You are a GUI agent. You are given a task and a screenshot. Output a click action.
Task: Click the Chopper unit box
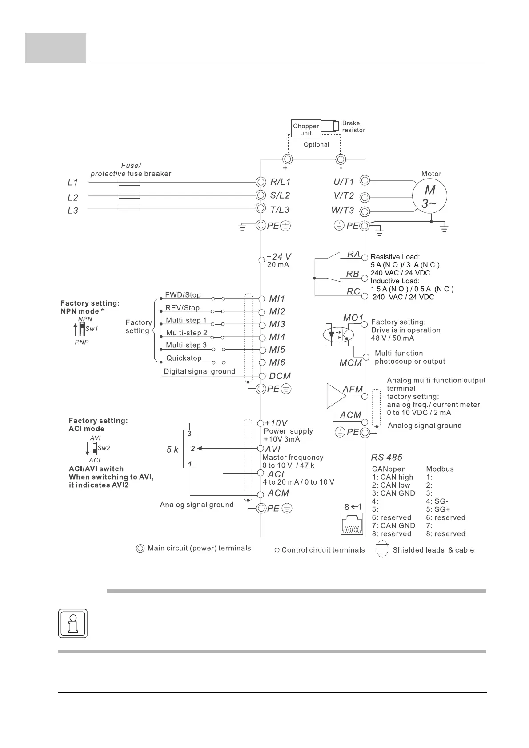tap(306, 129)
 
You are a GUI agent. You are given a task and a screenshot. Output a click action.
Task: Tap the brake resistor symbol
tap(336, 126)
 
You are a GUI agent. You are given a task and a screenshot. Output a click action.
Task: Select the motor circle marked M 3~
tap(429, 196)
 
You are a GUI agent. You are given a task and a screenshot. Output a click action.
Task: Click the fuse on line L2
tap(130, 195)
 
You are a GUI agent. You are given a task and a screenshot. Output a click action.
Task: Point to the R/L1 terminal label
tap(280, 182)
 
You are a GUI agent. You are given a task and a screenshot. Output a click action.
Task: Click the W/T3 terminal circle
tap(365, 211)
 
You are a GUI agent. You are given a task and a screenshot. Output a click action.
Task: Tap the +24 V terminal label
tap(279, 256)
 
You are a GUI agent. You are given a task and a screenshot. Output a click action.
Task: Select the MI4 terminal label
tap(277, 337)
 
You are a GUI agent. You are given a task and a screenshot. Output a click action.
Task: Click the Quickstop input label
tap(184, 358)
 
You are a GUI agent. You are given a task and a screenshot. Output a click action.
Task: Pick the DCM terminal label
tap(280, 376)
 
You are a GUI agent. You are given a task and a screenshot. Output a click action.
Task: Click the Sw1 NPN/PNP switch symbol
tap(82, 330)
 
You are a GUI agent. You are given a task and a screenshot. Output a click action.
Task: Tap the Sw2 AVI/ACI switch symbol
tap(94, 448)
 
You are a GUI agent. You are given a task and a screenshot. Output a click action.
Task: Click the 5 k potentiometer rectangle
tap(190, 448)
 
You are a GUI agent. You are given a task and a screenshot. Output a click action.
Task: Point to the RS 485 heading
tap(387, 457)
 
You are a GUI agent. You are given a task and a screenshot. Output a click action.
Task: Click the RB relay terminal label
tap(353, 274)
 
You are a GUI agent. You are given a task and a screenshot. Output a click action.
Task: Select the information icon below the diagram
tap(73, 623)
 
